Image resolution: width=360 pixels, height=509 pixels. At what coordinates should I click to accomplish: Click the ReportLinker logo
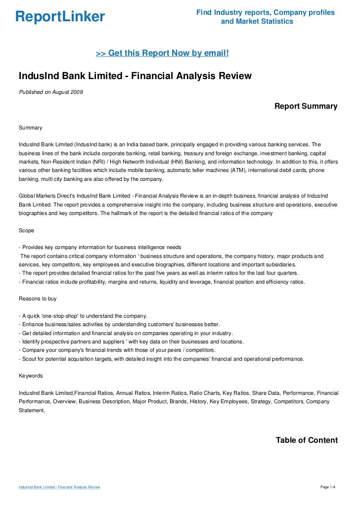(x=60, y=17)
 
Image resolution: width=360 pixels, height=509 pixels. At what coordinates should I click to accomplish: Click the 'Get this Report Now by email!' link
(x=162, y=53)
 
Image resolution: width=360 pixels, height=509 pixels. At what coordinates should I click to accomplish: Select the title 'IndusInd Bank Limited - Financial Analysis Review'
(x=135, y=76)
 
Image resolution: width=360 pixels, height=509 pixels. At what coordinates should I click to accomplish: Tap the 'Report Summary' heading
(x=306, y=106)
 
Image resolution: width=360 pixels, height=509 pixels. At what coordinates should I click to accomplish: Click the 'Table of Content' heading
(x=307, y=440)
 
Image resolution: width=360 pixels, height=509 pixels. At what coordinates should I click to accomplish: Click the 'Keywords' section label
(x=31, y=376)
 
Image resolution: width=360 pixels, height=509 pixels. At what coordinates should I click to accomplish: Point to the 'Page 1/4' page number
(x=328, y=487)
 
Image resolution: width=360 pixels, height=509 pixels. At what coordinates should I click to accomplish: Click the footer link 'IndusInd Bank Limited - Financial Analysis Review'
(x=59, y=487)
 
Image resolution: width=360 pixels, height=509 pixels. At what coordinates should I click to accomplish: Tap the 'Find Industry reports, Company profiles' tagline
(x=265, y=12)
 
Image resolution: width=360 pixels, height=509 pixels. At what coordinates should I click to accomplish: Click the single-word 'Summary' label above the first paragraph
(x=30, y=128)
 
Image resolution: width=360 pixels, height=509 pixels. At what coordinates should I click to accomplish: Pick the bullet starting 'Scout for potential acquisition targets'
(x=160, y=359)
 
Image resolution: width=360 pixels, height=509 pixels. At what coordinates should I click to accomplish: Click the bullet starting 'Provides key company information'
(x=99, y=247)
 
